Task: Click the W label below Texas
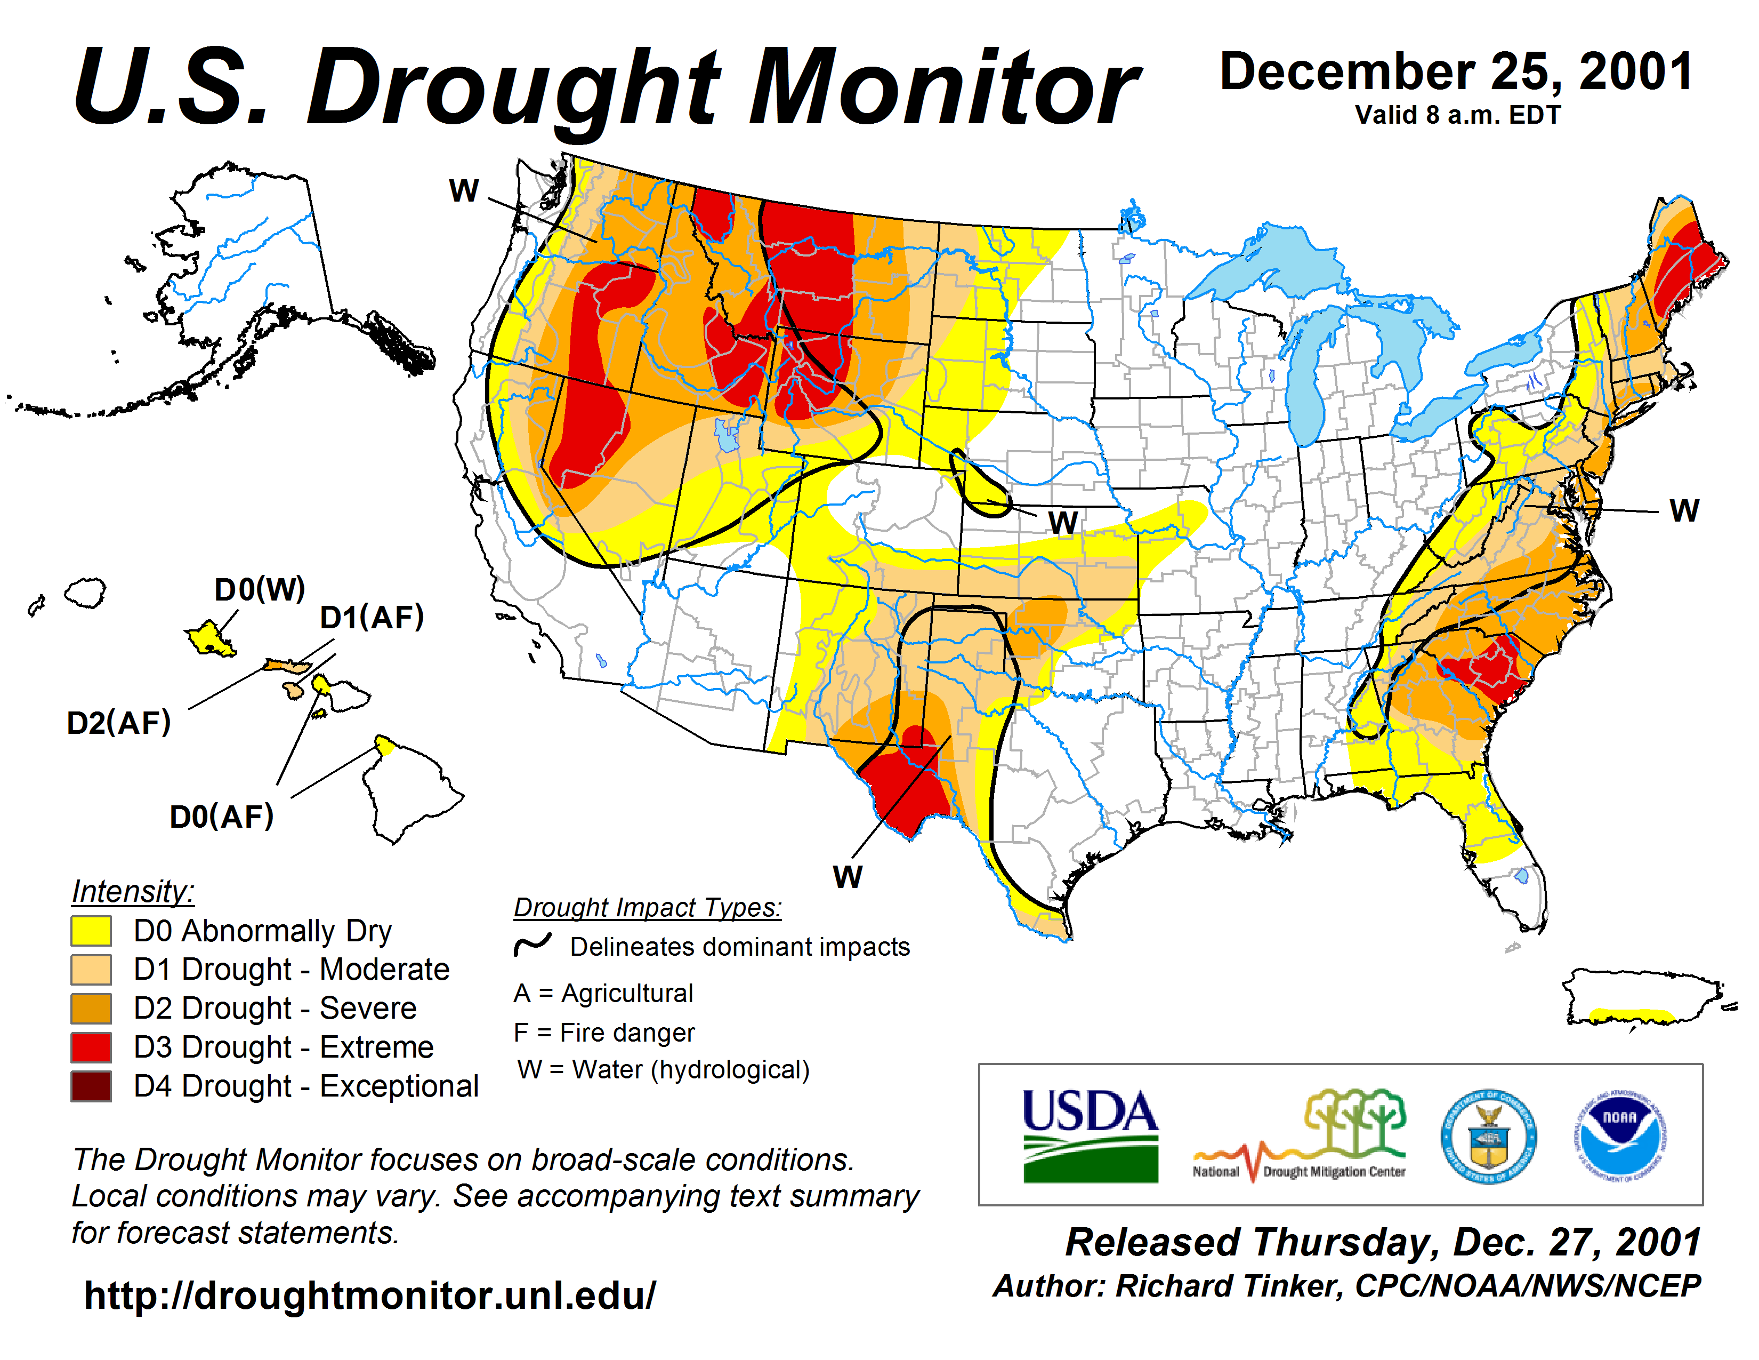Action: click(848, 877)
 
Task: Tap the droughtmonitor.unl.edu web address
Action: click(370, 1295)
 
